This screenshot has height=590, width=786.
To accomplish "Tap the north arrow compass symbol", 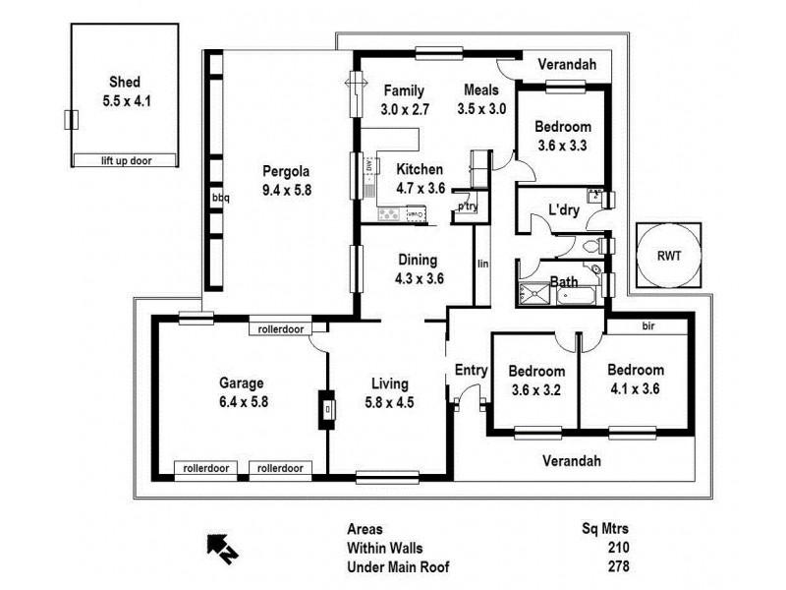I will point(219,547).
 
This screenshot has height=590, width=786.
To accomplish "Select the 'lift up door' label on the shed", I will point(125,160).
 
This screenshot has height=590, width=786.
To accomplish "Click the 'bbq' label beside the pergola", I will point(220,198).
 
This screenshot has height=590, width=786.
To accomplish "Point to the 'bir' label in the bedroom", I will point(648,324).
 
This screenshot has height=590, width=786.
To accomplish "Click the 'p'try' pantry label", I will point(467,206).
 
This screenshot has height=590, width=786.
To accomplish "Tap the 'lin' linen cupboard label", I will point(482,264).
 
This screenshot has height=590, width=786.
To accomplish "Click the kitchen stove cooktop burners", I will point(390,213).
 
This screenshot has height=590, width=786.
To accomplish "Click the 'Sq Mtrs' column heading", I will point(606,529).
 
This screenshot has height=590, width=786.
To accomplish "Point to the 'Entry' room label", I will point(471,370).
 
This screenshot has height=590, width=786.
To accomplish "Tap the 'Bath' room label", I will point(563,282).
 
